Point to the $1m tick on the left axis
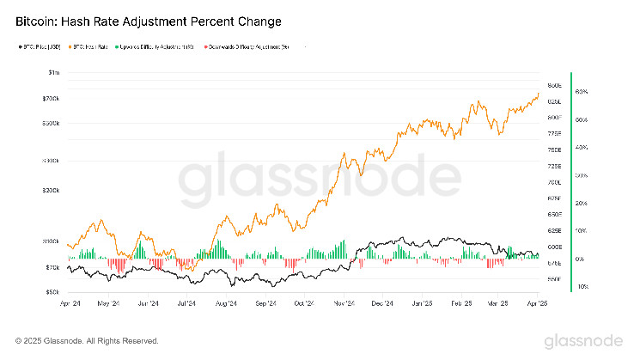click(54, 75)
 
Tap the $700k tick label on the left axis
click(51, 100)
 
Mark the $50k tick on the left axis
click(52, 292)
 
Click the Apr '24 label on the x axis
click(72, 303)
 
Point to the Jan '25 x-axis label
click(422, 303)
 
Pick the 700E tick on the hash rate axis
click(554, 183)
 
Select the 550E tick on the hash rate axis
click(554, 279)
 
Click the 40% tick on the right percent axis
click(581, 148)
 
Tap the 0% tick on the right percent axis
click(581, 259)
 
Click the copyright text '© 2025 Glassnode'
click(87, 340)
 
